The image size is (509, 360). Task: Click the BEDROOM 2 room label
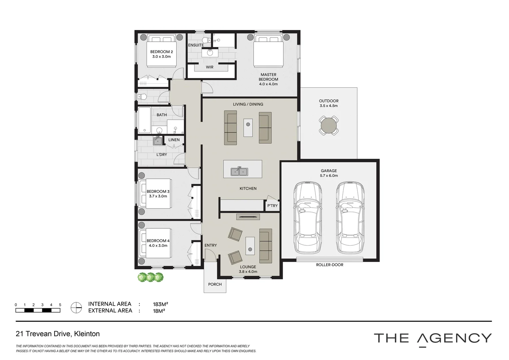[162, 52]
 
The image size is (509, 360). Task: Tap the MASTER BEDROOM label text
[268, 77]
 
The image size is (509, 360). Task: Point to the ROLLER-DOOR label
[329, 265]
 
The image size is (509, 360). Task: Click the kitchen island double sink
[240, 171]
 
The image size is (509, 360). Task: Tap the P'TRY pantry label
[272, 206]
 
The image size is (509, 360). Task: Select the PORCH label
[215, 284]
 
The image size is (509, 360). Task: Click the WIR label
[210, 67]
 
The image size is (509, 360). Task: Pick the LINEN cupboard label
[174, 140]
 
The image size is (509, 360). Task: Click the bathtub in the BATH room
[145, 120]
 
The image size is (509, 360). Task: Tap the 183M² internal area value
[160, 304]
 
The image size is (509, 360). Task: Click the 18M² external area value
[159, 311]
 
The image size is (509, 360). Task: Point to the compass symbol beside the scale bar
[76, 307]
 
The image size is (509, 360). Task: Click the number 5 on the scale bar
[60, 305]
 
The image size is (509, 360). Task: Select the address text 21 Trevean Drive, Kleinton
[58, 334]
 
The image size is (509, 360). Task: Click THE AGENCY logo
[433, 338]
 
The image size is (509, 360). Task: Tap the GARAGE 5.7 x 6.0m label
[329, 173]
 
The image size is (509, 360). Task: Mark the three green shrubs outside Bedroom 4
[151, 277]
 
